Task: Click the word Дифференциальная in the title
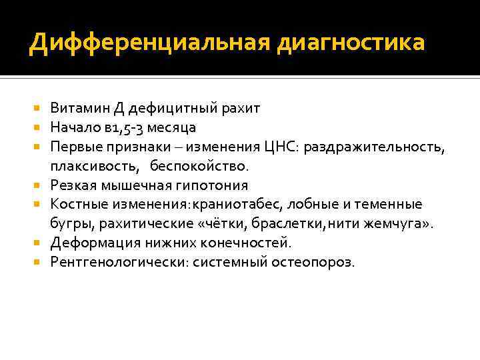[x=142, y=43]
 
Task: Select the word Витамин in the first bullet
[x=75, y=107]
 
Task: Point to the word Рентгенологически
[x=119, y=262]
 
